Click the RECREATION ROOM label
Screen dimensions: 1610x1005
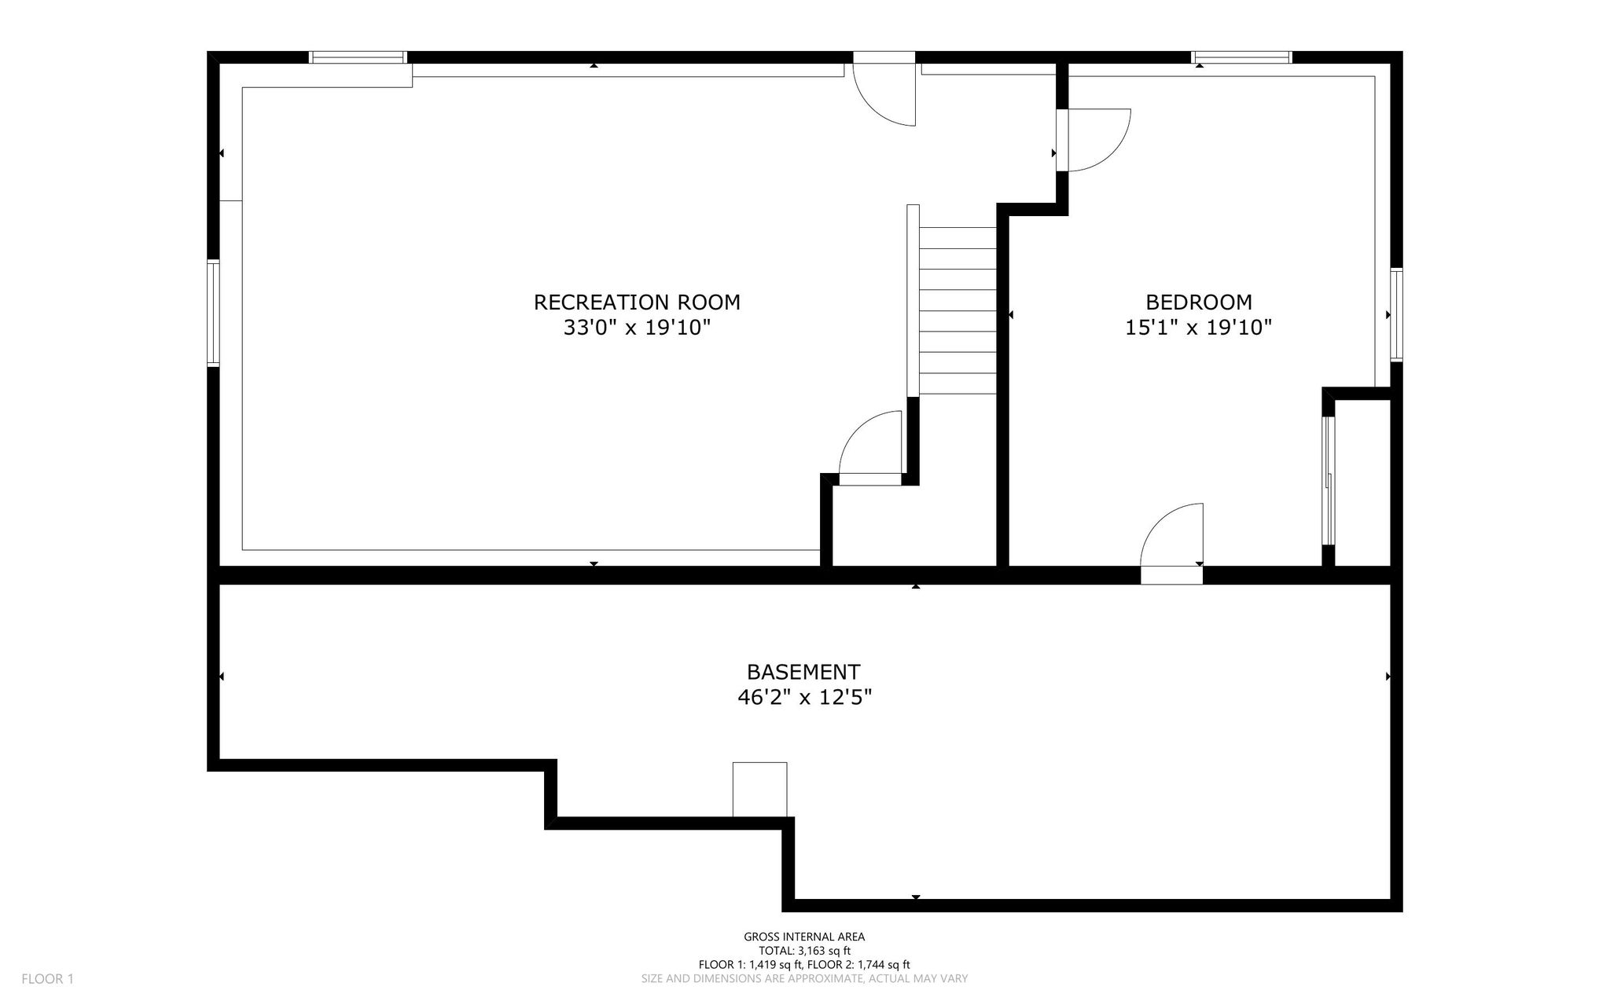pos(637,302)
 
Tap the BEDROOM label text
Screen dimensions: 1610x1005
pos(1198,302)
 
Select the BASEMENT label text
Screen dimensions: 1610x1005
pos(803,672)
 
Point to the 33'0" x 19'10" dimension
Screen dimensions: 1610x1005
pos(637,327)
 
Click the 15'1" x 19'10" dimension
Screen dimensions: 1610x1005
pos(1198,327)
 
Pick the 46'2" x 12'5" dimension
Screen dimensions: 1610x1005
pos(804,697)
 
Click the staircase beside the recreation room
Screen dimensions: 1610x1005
pos(952,300)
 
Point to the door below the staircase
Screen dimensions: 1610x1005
pos(870,448)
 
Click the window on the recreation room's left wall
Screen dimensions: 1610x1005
pos(213,313)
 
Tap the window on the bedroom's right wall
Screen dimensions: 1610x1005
pos(1396,314)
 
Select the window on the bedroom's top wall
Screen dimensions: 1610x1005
pos(1242,57)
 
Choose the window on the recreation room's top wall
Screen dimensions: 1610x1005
pos(358,57)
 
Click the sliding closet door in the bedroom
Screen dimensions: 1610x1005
pos(1328,480)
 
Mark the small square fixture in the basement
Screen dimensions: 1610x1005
pos(759,790)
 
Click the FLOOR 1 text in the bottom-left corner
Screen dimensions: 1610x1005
pos(47,979)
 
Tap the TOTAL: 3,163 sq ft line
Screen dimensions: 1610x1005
pos(804,951)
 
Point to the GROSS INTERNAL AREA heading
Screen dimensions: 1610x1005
pos(804,937)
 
